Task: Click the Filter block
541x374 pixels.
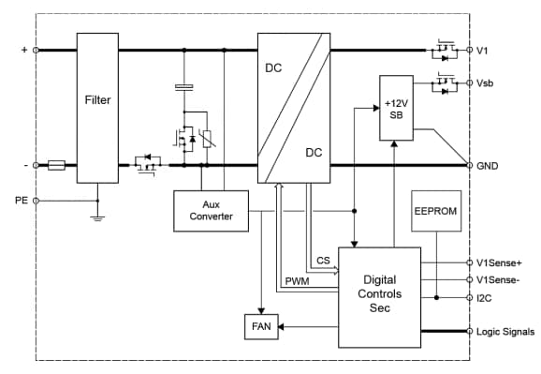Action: coord(97,98)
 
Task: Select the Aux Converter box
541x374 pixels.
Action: coord(211,211)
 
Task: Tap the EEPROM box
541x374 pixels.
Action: coord(434,212)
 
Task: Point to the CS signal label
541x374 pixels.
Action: coord(323,261)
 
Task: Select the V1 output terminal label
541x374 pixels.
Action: coord(483,51)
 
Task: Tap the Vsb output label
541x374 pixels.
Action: coord(486,82)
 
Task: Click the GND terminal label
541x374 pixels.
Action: coord(487,165)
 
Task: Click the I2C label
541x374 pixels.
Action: coord(484,298)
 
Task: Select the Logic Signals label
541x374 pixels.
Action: coord(504,331)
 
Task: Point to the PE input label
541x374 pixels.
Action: coord(21,200)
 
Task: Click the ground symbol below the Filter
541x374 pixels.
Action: coord(97,217)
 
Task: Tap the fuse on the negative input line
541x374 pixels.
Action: coord(56,165)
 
